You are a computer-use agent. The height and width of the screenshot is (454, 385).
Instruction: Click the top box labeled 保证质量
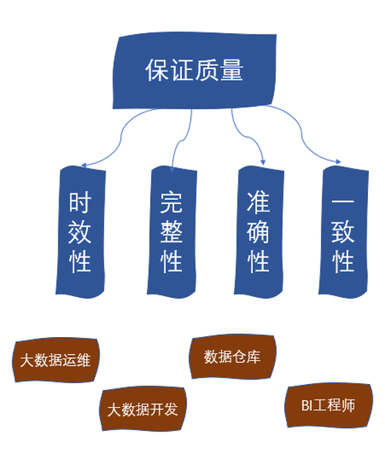coord(194,71)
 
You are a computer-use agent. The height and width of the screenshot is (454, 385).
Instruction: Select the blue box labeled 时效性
coord(80,232)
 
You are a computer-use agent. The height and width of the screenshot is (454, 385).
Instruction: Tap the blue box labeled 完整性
coord(172,232)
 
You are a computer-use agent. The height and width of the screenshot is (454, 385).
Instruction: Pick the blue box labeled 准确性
coord(259,232)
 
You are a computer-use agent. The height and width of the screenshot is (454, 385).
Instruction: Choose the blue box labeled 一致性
coord(343,232)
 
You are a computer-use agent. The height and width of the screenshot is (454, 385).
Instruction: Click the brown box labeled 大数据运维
coord(55,360)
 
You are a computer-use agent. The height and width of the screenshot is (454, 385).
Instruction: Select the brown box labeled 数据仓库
coord(233,356)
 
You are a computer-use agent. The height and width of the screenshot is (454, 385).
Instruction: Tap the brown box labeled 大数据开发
coord(142,409)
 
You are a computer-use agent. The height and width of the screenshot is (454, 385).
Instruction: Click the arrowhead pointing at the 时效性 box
coord(84,165)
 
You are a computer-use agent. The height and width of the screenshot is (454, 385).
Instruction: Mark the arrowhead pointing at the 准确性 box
coord(263,162)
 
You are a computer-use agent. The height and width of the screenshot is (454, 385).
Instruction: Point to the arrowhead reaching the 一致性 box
coord(338,162)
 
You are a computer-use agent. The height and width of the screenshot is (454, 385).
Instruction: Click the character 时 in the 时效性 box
coord(80,202)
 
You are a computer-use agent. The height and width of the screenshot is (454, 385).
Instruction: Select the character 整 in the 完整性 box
coord(172,232)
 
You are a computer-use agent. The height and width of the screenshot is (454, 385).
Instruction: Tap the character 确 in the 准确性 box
coord(259,232)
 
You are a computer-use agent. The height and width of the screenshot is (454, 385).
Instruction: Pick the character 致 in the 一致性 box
coord(343,232)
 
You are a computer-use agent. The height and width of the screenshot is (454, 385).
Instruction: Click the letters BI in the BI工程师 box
coord(306,406)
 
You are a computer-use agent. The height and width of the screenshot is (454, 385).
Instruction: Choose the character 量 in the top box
coord(232,70)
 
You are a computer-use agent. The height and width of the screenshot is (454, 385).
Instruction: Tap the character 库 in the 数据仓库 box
coord(253,357)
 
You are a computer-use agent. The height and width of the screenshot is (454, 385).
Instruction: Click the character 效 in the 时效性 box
coord(80,232)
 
